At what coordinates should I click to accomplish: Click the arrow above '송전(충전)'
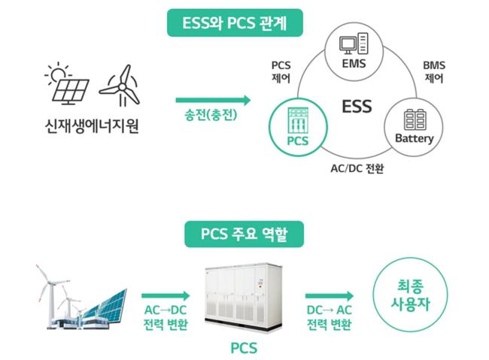pos(213,98)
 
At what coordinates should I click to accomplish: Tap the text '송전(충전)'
pos(212,116)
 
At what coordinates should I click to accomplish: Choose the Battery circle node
pos(415,124)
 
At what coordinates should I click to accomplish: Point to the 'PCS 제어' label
pos(281,72)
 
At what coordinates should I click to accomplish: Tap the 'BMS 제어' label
pos(434,71)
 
